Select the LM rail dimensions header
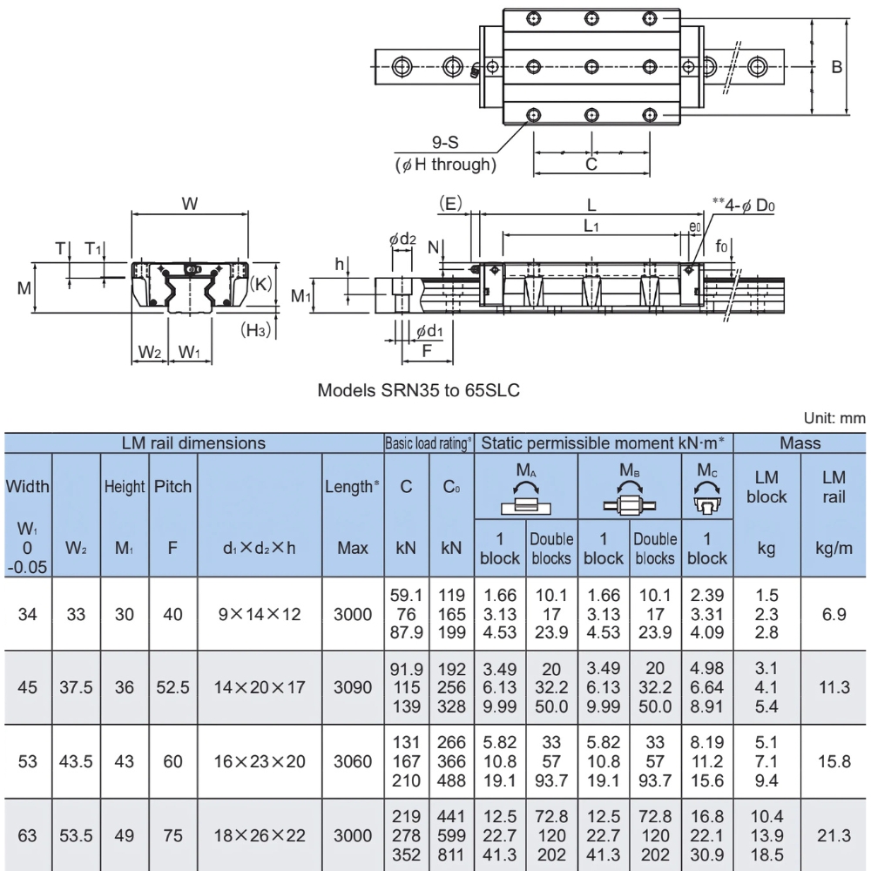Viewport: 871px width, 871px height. (193, 442)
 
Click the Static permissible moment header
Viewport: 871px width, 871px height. (604, 442)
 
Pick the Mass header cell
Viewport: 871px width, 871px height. (800, 442)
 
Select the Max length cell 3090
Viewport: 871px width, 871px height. (354, 686)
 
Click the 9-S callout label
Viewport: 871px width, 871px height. (447, 144)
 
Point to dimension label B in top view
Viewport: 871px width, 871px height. (836, 67)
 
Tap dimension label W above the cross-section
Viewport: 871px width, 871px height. (189, 203)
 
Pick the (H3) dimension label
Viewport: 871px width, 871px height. (253, 330)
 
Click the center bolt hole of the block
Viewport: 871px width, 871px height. (591, 66)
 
